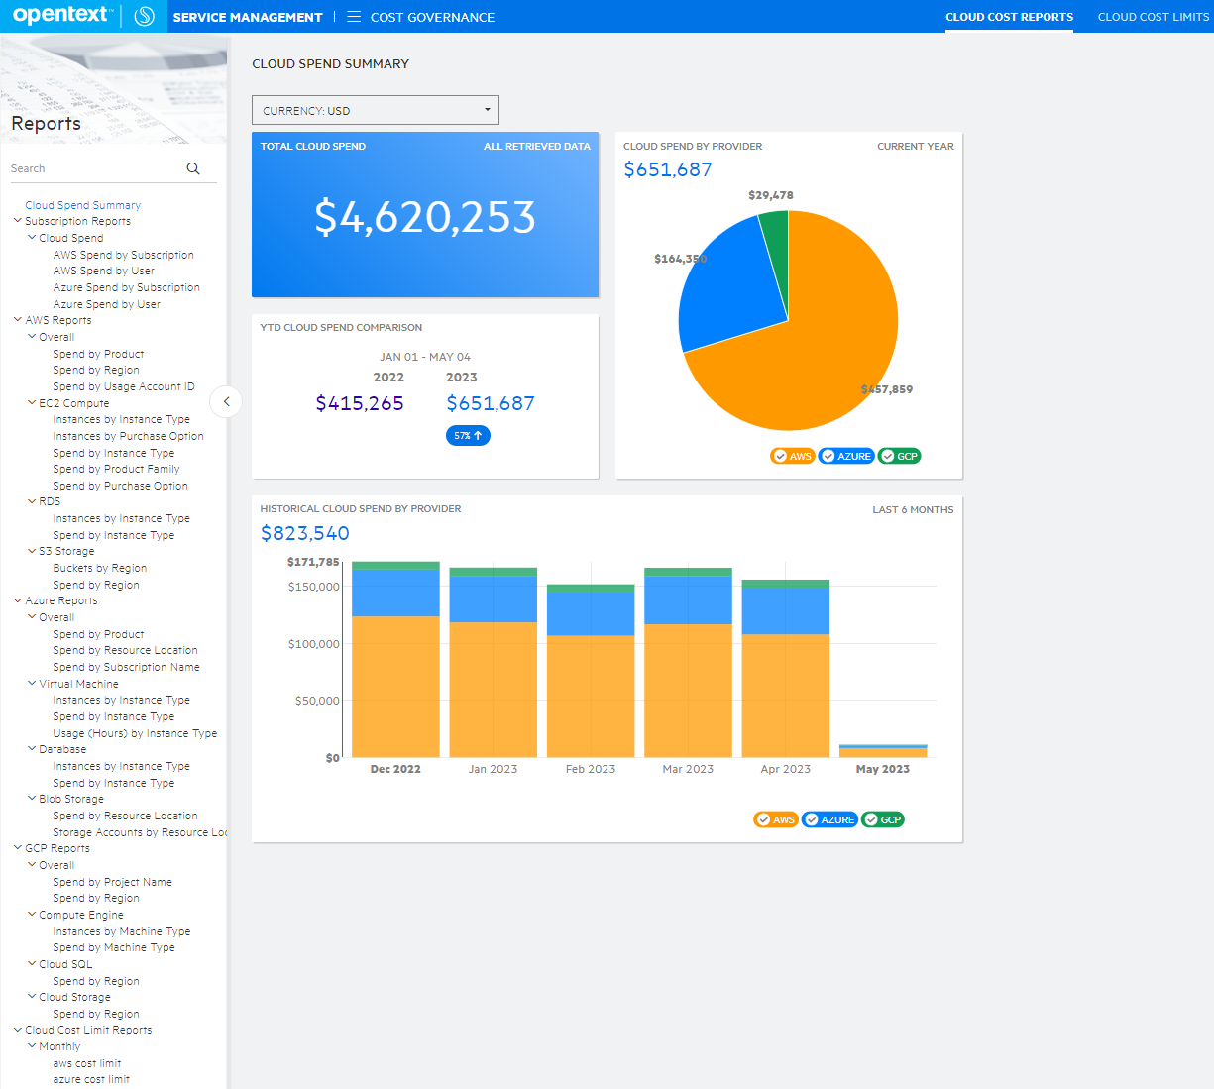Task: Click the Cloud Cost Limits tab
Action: [1153, 17]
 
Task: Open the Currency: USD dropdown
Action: [375, 110]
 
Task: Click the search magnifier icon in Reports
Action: [193, 168]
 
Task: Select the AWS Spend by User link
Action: [103, 271]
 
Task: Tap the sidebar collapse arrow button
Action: [226, 401]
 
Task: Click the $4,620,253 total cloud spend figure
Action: [424, 217]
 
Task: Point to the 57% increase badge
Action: [468, 436]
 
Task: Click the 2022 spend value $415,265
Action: [360, 403]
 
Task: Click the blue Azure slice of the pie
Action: [728, 287]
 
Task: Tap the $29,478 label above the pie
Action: [770, 195]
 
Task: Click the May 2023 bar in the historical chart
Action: [882, 751]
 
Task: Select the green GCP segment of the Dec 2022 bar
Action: [395, 566]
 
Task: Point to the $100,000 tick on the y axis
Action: [313, 644]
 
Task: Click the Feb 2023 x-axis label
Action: [590, 769]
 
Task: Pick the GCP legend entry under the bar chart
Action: [882, 819]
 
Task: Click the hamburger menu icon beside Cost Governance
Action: [354, 17]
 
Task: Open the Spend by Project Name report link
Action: [112, 882]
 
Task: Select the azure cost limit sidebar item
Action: [91, 1079]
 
